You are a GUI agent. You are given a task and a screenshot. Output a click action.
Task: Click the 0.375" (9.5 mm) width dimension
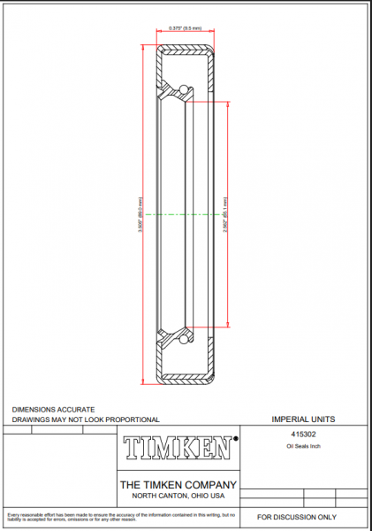[186, 28]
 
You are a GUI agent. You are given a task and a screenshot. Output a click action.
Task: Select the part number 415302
[304, 435]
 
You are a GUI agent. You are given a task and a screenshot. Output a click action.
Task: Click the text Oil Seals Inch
[304, 448]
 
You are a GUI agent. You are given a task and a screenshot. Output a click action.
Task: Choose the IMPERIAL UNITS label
[303, 419]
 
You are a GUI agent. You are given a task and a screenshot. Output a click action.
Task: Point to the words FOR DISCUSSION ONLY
[297, 516]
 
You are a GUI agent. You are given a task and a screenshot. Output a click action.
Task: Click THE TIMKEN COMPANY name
[178, 484]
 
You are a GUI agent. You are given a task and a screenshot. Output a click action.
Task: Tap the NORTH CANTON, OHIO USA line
[178, 495]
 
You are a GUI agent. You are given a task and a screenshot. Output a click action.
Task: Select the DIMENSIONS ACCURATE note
[53, 410]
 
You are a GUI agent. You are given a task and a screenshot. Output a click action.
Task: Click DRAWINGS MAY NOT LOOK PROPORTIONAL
[85, 419]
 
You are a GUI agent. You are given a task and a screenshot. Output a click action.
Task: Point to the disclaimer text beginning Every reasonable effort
[119, 516]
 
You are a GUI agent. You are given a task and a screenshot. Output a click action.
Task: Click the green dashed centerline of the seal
[186, 214]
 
